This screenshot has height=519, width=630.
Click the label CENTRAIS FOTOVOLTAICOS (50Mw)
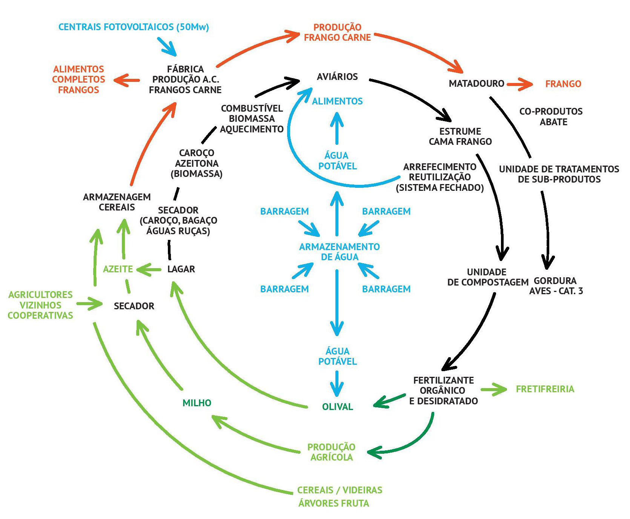tap(134, 27)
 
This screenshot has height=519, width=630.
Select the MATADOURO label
tap(476, 84)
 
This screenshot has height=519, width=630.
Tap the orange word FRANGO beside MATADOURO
tap(563, 84)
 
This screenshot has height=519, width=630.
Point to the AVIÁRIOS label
tap(337, 77)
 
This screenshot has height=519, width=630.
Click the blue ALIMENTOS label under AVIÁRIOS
tap(337, 101)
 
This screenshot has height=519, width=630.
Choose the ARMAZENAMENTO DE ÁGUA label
tap(339, 252)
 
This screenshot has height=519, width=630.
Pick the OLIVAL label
tap(337, 407)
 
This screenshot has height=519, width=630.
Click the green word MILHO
tap(197, 403)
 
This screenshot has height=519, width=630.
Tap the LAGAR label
tap(181, 269)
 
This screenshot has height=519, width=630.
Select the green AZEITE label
tap(118, 269)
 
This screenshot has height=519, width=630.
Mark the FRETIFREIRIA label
tap(545, 389)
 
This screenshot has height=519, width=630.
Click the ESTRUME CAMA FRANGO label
tap(460, 137)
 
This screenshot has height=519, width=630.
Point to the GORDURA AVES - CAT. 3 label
tap(556, 286)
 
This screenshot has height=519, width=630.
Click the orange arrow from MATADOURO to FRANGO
tap(519, 84)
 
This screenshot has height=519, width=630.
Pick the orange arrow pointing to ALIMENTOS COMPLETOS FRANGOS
tap(127, 80)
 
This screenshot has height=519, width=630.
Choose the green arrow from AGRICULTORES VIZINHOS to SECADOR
tap(89, 303)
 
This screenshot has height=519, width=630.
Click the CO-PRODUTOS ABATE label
tap(551, 117)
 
